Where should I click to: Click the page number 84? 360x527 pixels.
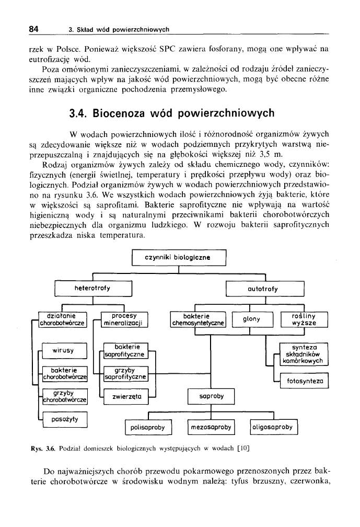coord(34,29)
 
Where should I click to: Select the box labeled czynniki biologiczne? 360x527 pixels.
coord(179,258)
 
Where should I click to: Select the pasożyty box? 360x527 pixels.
coord(65,419)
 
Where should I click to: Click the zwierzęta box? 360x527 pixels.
coord(126,397)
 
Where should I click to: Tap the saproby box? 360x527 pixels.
coord(211,396)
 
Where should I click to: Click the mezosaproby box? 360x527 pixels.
coord(211,427)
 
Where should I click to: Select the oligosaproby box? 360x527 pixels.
coord(274,427)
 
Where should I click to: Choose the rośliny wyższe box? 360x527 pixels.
coord(304,319)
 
